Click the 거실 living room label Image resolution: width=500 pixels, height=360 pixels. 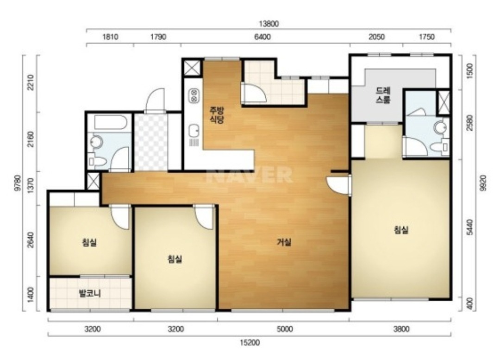coord(283,242)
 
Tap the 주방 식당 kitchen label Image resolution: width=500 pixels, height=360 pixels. coord(217,115)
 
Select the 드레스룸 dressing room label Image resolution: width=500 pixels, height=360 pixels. coord(383,95)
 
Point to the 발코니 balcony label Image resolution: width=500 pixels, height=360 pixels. coord(90,293)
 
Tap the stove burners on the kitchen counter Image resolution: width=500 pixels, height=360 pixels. coord(194,96)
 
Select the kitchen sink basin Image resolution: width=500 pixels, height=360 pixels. coord(194,131)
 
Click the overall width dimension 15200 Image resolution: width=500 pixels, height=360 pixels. coord(250,342)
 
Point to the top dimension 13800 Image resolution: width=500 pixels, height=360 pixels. coord(269,24)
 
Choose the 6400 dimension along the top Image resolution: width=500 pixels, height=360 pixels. coord(262,37)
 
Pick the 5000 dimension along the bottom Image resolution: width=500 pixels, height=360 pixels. coord(285,328)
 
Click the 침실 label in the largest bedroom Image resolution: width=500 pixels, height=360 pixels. coord(401,230)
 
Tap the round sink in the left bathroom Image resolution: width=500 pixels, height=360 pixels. coord(96,142)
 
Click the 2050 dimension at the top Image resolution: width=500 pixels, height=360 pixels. coord(376,37)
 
